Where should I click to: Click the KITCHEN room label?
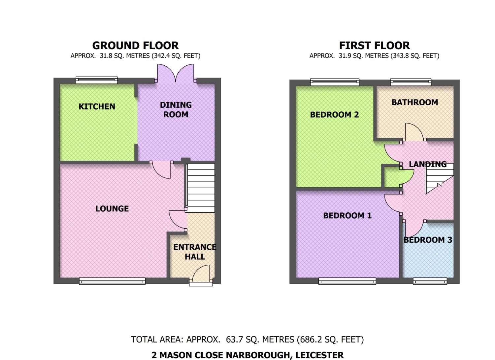[97, 107]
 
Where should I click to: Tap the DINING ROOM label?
[176, 109]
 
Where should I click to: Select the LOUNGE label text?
[112, 208]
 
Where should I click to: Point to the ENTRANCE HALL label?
[195, 252]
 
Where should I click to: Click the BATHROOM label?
[415, 102]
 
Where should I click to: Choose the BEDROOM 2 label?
[334, 115]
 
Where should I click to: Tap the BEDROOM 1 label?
[347, 215]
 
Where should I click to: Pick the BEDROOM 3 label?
[428, 240]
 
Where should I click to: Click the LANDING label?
[428, 164]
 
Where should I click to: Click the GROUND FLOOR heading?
[135, 46]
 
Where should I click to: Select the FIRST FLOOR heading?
[375, 46]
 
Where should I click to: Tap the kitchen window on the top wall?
[97, 80]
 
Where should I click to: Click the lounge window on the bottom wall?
[112, 281]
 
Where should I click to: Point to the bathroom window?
[411, 82]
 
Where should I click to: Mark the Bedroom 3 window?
[430, 281]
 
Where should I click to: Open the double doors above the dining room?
[176, 73]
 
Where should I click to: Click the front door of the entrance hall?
[201, 275]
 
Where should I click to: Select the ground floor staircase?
[201, 188]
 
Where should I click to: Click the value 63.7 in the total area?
[234, 339]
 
